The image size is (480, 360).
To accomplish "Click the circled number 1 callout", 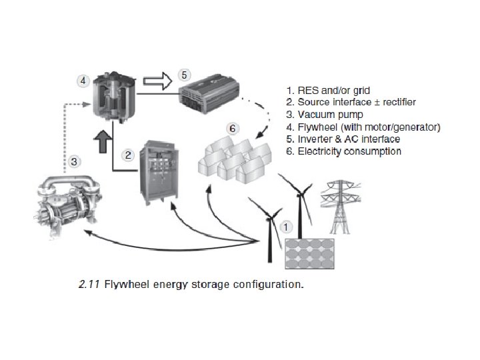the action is (x=286, y=226).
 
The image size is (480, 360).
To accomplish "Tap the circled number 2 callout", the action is (x=129, y=155).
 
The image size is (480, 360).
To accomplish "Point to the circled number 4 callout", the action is (x=83, y=80).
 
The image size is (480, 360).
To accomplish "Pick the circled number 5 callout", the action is (x=185, y=75).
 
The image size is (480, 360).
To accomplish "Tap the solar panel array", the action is (x=311, y=254).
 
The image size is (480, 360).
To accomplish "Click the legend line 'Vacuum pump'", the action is (x=325, y=115).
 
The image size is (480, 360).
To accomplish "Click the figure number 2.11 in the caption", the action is (x=88, y=285).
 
